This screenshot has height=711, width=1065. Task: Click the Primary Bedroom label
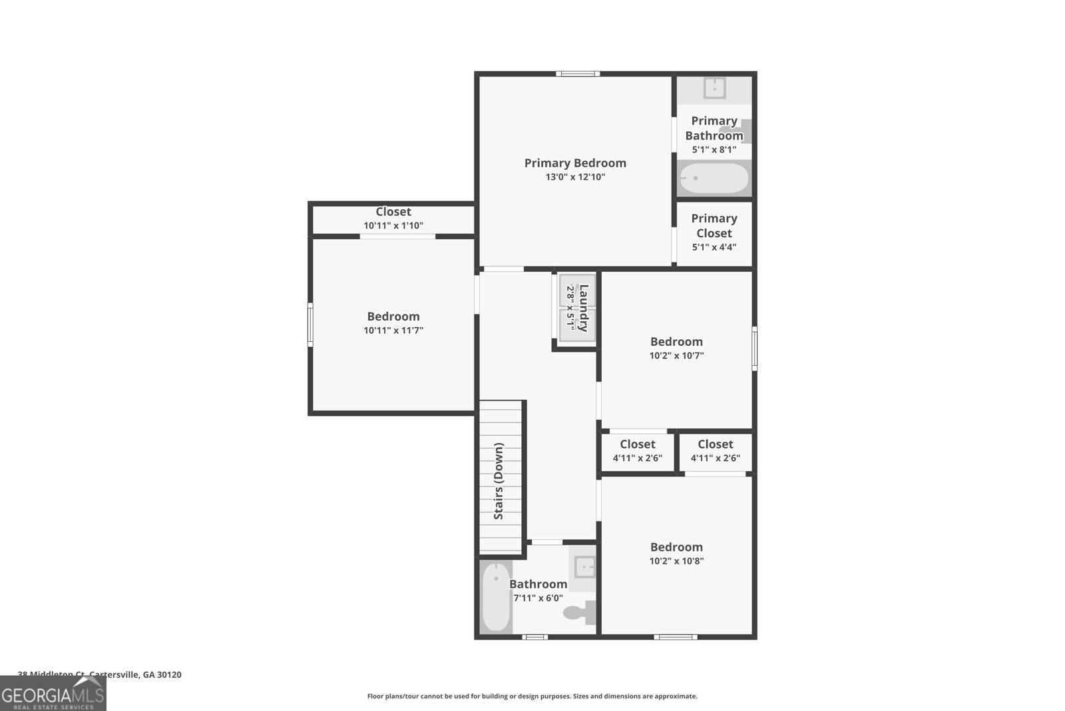[x=575, y=163]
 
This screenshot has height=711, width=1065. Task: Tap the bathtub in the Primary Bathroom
[x=714, y=179]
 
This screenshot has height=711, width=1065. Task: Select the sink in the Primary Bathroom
[x=714, y=88]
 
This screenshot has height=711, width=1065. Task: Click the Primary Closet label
[x=714, y=226]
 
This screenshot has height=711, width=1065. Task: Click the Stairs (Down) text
[x=499, y=481]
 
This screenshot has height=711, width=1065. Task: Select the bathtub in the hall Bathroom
[x=496, y=597]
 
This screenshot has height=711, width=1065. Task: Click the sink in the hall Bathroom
[x=584, y=567]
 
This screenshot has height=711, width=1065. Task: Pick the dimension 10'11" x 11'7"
[x=393, y=331]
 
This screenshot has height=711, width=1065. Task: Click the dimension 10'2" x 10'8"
[x=676, y=561]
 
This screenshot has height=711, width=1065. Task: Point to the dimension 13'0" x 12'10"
[x=575, y=177]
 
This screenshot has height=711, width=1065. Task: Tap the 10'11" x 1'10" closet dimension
[x=393, y=226]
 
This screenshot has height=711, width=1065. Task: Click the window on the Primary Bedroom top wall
[x=578, y=73]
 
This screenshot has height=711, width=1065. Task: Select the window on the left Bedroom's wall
[x=310, y=325]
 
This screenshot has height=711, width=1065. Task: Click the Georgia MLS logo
[x=53, y=694]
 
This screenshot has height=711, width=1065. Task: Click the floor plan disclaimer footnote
[x=532, y=696]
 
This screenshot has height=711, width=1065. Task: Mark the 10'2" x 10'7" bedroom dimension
[x=676, y=356]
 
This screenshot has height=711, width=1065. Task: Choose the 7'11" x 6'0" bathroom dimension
[x=538, y=598]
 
